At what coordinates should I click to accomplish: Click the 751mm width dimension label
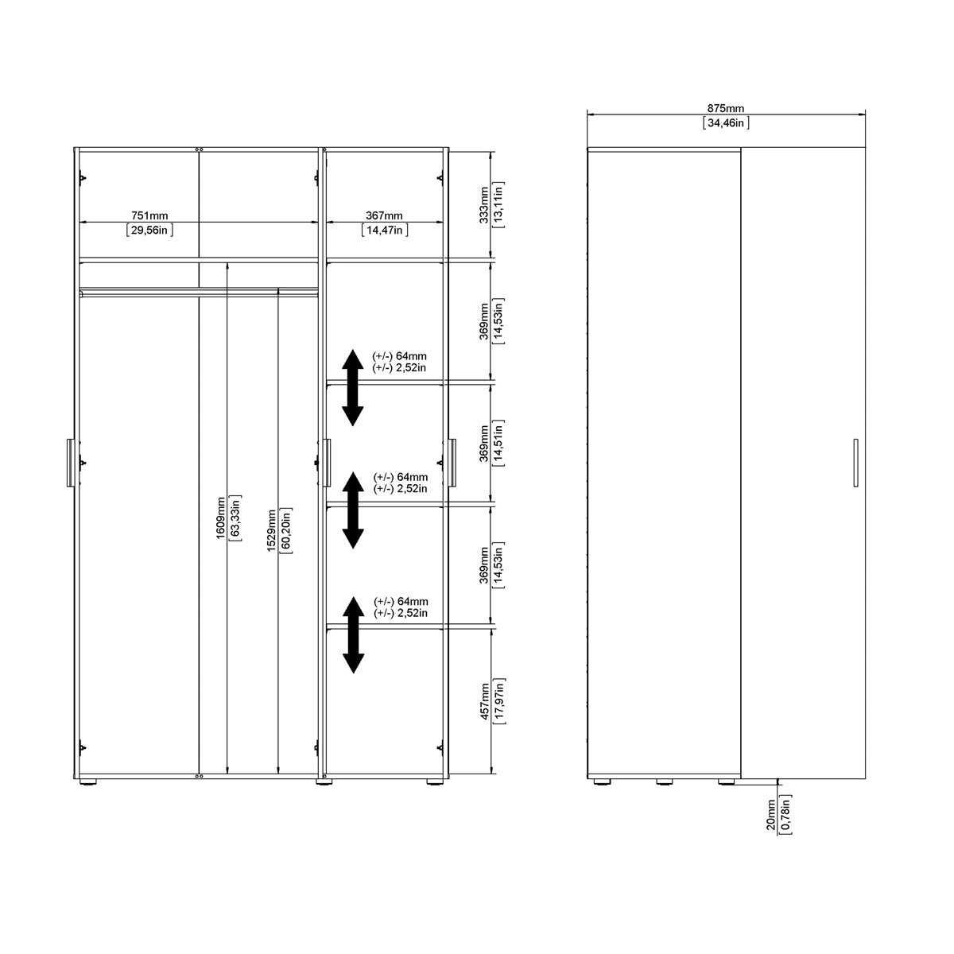click(149, 215)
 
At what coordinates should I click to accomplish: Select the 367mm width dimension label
click(384, 215)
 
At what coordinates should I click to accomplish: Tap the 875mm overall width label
click(725, 109)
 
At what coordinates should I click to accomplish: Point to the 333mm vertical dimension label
click(484, 205)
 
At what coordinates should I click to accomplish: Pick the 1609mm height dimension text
click(220, 518)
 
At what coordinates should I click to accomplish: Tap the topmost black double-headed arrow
click(353, 387)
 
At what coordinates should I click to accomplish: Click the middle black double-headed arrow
click(353, 510)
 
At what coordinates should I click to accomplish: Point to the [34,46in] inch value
click(726, 123)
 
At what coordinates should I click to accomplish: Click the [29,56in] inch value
click(149, 230)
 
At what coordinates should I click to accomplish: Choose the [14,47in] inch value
click(384, 230)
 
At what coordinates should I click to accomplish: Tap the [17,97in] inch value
click(499, 699)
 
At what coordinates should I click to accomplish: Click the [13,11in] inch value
click(499, 205)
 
